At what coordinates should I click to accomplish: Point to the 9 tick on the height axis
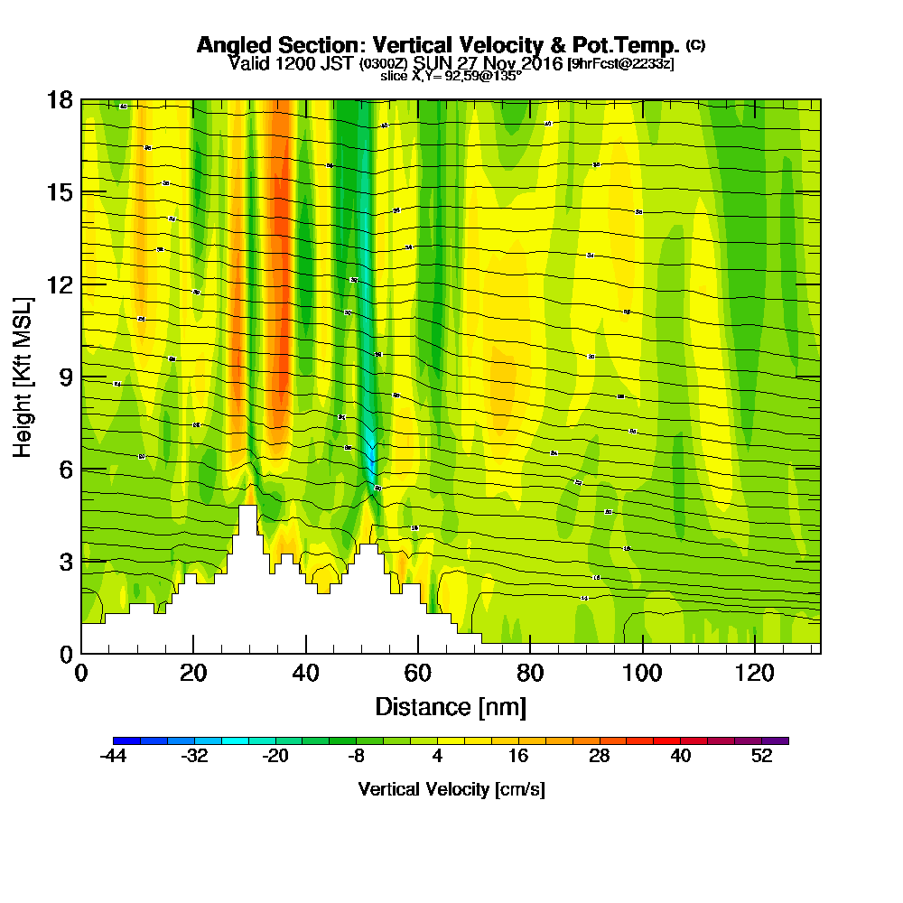[81, 377]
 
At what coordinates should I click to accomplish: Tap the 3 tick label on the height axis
[65, 561]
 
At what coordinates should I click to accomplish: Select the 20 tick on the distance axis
[193, 653]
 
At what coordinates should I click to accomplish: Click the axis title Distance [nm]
[451, 706]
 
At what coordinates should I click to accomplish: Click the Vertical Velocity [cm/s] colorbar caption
[451, 789]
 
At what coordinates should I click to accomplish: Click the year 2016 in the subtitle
[535, 63]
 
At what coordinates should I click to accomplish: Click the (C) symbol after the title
[695, 44]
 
